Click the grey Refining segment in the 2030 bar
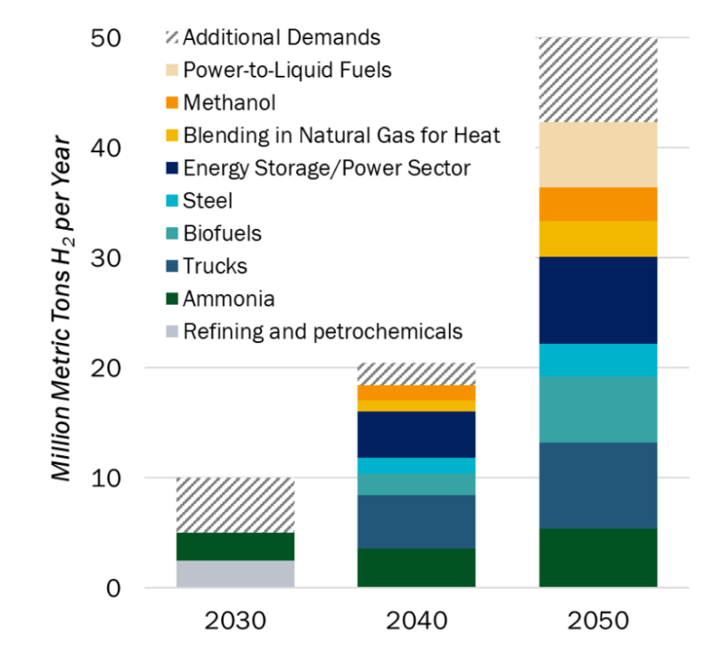235,574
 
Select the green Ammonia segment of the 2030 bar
235,546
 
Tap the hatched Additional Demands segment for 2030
235,505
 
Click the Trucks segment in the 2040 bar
416,521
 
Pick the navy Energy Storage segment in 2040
416,434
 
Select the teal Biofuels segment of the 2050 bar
598,409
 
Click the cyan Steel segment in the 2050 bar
598,360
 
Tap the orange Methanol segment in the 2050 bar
598,204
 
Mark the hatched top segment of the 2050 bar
598,80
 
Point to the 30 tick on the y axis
113,257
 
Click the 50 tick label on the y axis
113,37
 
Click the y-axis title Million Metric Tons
62,307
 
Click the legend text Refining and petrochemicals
323,331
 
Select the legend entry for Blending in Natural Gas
341,135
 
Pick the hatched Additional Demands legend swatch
172,38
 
